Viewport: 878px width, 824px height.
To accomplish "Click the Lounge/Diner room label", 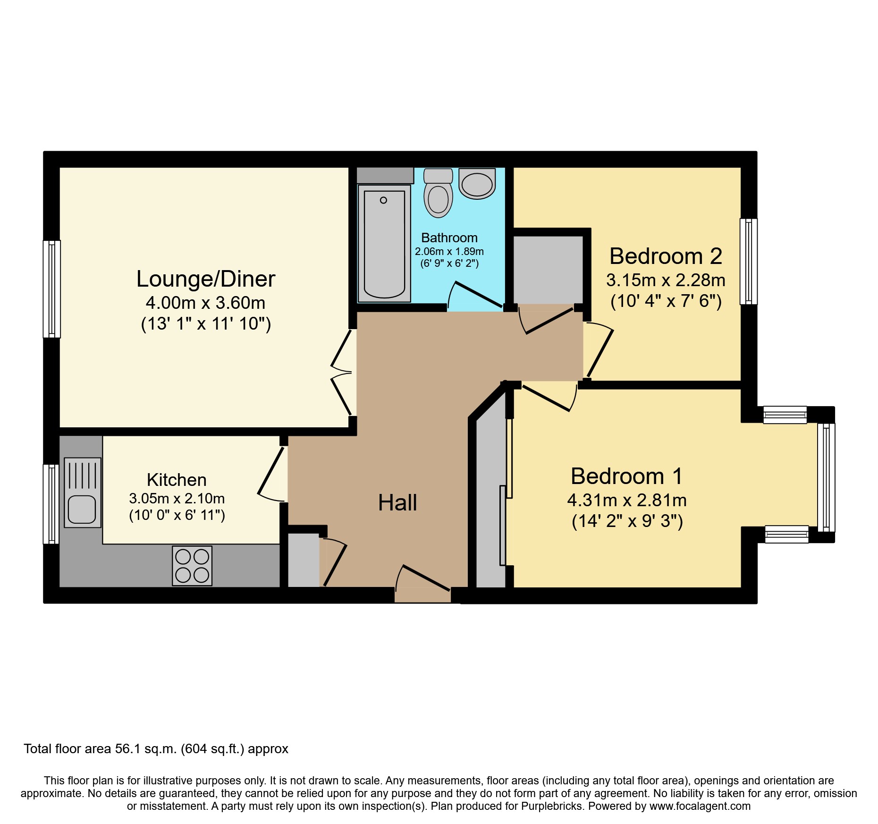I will click(x=206, y=279).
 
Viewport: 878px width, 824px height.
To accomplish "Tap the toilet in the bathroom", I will click(x=438, y=195).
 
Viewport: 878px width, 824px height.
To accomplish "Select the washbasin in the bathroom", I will click(x=477, y=184).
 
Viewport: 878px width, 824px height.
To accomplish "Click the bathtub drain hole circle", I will click(x=383, y=200).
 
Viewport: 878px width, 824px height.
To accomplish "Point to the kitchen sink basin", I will click(x=82, y=509).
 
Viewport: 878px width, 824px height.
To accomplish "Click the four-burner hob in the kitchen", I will click(x=192, y=566).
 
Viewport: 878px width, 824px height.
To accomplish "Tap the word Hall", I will click(x=397, y=502).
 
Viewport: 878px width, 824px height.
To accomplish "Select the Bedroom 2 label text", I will click(x=666, y=256).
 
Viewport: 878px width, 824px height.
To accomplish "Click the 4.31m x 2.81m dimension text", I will click(x=627, y=500).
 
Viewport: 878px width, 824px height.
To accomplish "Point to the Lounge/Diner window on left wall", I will click(x=52, y=289).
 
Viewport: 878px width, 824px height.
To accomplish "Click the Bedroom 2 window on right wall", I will click(x=748, y=261).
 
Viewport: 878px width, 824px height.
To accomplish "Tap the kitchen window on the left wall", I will click(x=51, y=504).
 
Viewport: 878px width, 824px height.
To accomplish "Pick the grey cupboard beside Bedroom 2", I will click(x=548, y=269).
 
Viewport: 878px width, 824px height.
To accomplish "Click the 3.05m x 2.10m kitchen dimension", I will click(x=177, y=499).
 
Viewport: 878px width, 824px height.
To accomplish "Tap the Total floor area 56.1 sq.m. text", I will click(x=156, y=749).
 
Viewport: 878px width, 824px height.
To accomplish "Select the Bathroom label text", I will click(x=449, y=238).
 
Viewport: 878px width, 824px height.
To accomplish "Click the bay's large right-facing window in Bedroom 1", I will click(x=826, y=477).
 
